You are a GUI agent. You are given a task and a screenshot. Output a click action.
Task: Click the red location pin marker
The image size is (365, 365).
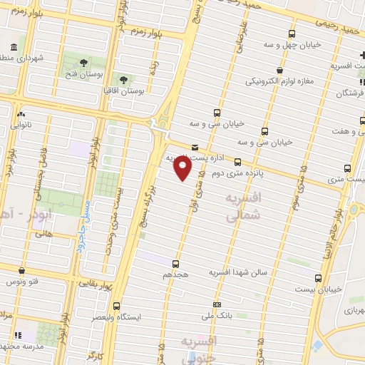point(183,168)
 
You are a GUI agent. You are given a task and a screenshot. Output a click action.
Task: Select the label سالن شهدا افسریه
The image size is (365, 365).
point(238,272)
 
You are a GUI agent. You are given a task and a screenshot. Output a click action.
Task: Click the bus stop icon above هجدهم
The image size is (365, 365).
point(175,264)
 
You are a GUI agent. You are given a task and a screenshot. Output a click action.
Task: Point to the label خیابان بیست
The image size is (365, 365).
point(317,289)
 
